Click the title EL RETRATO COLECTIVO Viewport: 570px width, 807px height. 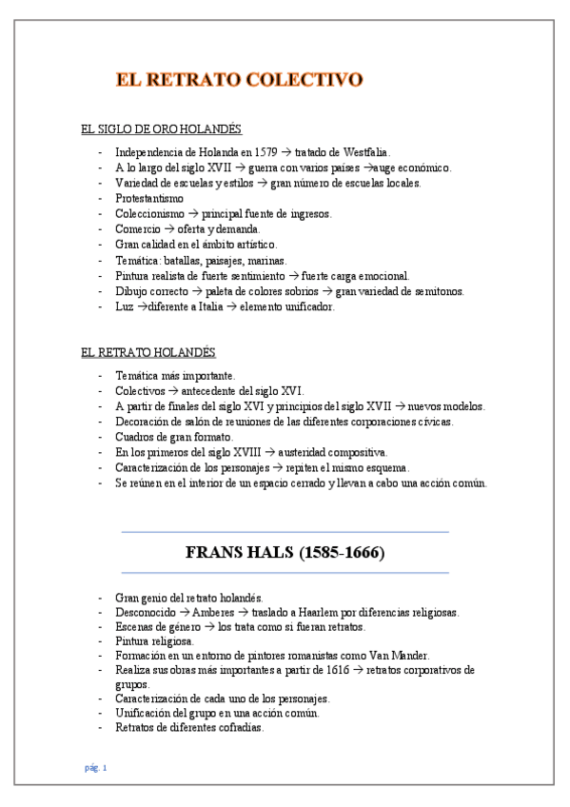tap(239, 79)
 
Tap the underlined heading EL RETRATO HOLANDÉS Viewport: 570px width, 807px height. tap(147, 352)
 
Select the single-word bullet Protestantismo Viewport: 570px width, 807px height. tap(149, 198)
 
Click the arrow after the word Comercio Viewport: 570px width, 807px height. tap(168, 229)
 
